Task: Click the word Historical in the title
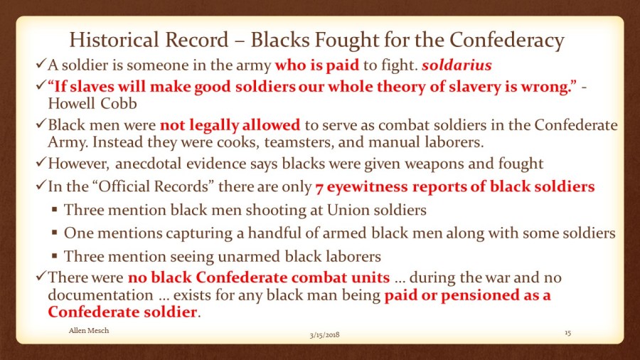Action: (x=114, y=40)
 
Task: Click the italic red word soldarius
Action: (x=457, y=65)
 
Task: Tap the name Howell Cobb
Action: (x=92, y=103)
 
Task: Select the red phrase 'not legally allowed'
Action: (x=230, y=125)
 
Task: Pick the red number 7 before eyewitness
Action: (x=319, y=187)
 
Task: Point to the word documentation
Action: (x=100, y=295)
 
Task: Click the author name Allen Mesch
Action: (x=89, y=331)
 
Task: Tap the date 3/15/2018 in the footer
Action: (x=324, y=335)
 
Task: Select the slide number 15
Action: (x=567, y=333)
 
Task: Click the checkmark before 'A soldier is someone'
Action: (x=41, y=63)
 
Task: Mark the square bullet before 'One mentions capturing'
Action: (x=55, y=233)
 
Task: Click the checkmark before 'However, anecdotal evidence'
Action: (x=41, y=162)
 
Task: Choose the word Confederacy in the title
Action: (x=507, y=40)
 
